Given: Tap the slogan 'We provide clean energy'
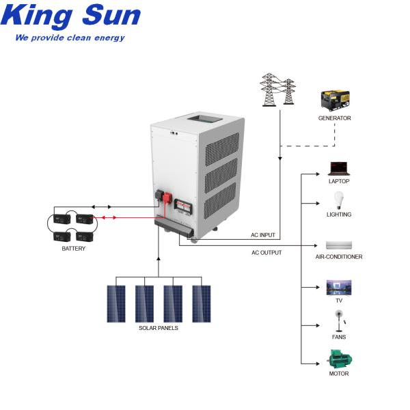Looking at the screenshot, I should tap(70, 38).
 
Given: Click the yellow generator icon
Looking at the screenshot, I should tap(334, 100).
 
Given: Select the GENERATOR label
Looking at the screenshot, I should tap(334, 118).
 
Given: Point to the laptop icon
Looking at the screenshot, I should tap(339, 168).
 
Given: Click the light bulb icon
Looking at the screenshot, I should tap(338, 201).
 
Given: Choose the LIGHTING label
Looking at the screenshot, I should tap(339, 215).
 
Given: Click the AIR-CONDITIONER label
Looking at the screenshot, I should tap(339, 257).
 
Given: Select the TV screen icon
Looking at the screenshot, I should tap(339, 287).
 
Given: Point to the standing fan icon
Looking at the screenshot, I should tap(338, 320).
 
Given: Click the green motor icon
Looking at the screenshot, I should tap(339, 359).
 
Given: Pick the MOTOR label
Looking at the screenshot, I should tap(339, 374).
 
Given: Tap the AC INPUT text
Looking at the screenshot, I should tap(263, 235).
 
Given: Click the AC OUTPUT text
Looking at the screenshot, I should tap(266, 252).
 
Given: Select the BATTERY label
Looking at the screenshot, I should tap(74, 249).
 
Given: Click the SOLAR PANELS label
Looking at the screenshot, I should tap(158, 328).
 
